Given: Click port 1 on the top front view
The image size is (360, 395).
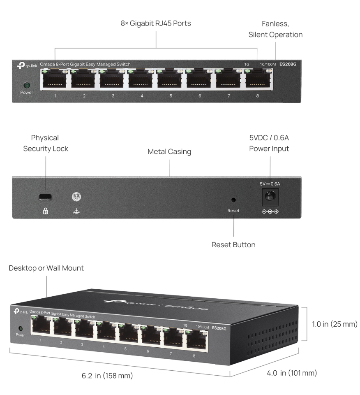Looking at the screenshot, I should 55,79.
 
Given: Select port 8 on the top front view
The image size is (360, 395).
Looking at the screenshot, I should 258,79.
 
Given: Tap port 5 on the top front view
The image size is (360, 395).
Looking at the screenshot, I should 171,79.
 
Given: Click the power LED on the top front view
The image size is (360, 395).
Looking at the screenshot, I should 27,85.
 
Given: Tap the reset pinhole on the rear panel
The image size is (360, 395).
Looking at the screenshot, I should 233,200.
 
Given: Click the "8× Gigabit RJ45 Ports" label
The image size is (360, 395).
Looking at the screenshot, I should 156,23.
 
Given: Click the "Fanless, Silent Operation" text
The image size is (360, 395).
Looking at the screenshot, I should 275,29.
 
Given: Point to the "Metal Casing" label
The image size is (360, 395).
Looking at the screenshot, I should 169,152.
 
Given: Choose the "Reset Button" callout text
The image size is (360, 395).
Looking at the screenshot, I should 233,245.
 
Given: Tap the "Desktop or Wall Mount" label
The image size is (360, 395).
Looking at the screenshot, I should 46,268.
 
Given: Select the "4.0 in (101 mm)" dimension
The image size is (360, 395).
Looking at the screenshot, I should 292,373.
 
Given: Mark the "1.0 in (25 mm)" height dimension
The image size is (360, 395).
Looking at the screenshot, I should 332,324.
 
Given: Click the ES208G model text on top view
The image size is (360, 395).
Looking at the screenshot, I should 288,64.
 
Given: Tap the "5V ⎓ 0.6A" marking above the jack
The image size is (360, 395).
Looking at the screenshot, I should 269,184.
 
